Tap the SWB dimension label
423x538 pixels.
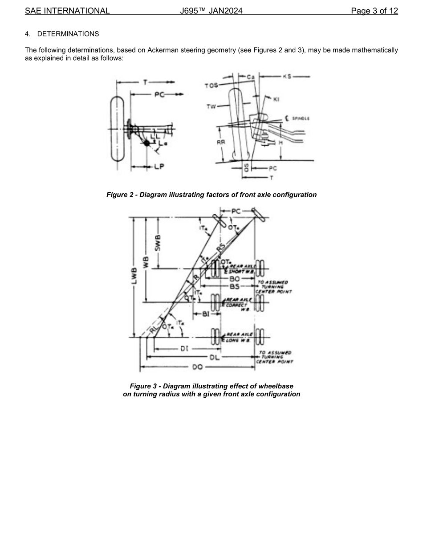coord(158,242)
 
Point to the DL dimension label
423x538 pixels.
coord(215,358)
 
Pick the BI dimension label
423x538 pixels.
coord(206,314)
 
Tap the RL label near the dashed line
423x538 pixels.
coord(154,329)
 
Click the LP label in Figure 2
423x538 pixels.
coord(159,167)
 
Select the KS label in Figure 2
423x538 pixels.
coord(287,77)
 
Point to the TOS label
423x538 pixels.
coord(211,86)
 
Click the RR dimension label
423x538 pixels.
coord(221,143)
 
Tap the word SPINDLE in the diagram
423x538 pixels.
coord(301,118)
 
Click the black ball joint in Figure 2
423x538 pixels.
coord(147,143)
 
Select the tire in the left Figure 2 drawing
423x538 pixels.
coord(117,129)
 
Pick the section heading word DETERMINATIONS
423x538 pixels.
coord(68,34)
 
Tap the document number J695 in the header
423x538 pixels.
coord(191,11)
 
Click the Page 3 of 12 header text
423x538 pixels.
coord(374,11)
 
